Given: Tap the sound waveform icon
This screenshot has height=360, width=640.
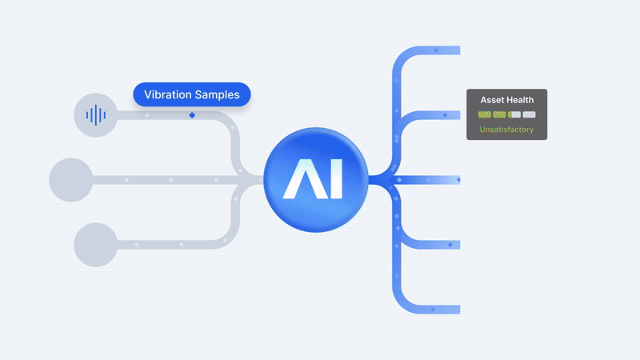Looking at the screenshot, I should point(95,115).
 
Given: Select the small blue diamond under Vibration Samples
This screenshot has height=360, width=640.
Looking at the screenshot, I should point(192,115).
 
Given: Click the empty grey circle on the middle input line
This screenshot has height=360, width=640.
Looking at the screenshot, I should point(71,179).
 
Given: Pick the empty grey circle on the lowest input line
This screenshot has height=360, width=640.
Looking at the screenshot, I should point(95,244).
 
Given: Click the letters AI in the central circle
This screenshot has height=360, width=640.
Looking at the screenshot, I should point(316,179).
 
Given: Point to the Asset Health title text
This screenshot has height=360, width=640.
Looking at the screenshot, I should point(506,100).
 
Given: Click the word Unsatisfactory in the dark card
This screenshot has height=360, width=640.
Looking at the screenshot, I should point(506,130).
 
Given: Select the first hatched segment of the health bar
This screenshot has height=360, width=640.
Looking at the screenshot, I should point(485,114).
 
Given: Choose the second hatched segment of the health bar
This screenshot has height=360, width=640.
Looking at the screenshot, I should point(499,114).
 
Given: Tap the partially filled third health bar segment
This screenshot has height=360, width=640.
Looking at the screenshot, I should point(514,114).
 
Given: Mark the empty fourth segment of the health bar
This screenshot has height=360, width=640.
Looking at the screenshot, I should point(529,114).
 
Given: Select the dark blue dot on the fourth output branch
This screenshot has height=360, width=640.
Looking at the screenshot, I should point(450,244).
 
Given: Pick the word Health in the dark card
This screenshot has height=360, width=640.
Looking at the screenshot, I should point(519,100).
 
